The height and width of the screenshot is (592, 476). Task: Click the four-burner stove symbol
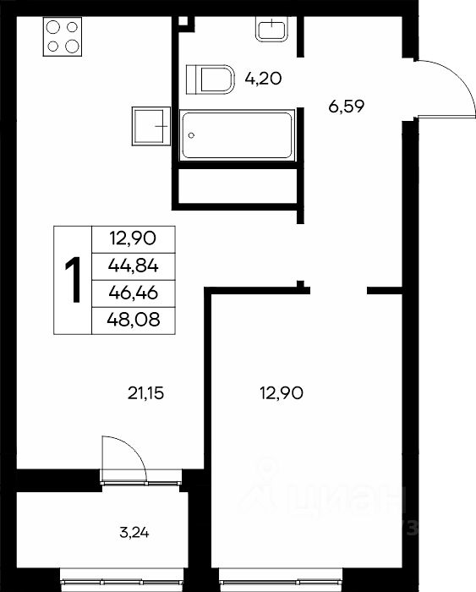(x=63, y=36)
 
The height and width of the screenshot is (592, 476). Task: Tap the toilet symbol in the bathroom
(x=211, y=79)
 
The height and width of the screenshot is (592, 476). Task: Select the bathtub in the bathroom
(x=237, y=135)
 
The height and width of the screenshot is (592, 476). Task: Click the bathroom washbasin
(x=271, y=29)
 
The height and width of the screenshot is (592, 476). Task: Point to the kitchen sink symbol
(x=151, y=126)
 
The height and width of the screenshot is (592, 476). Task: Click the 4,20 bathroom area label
(x=263, y=79)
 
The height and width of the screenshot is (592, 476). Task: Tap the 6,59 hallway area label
(x=346, y=107)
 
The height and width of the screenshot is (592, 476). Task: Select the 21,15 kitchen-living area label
(x=145, y=394)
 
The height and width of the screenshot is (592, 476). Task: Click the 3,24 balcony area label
(x=134, y=533)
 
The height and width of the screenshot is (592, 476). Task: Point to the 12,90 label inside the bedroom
(x=282, y=394)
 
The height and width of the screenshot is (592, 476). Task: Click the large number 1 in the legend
(x=73, y=280)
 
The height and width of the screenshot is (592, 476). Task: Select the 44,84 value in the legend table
(x=134, y=266)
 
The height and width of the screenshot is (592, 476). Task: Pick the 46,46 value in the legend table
(x=134, y=293)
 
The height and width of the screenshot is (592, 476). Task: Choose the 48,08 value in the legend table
(x=134, y=321)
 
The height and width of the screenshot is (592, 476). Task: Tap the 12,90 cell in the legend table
(x=133, y=239)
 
